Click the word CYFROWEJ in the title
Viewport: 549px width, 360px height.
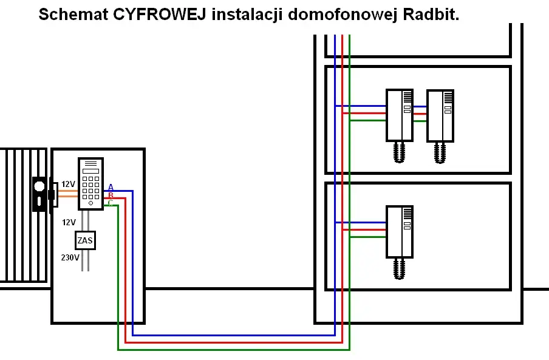click(161, 15)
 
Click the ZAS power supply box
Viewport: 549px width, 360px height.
click(85, 241)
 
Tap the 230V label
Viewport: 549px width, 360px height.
click(70, 257)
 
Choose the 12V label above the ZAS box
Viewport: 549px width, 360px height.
click(69, 222)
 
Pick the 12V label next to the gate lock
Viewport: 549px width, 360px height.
click(68, 184)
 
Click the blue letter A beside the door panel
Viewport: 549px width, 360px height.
click(111, 187)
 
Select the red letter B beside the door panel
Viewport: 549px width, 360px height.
click(111, 195)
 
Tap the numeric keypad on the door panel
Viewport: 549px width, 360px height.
click(90, 188)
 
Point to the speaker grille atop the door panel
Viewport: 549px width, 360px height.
click(90, 165)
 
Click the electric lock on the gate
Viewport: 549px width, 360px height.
click(40, 194)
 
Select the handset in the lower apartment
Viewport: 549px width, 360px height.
click(399, 231)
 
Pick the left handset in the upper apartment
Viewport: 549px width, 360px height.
click(399, 115)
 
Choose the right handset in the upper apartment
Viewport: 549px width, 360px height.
click(440, 115)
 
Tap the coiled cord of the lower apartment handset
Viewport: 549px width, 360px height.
click(399, 268)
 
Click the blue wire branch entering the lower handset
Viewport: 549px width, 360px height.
click(361, 223)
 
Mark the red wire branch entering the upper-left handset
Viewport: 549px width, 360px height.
click(364, 113)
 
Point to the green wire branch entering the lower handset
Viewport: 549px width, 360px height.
click(368, 237)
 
